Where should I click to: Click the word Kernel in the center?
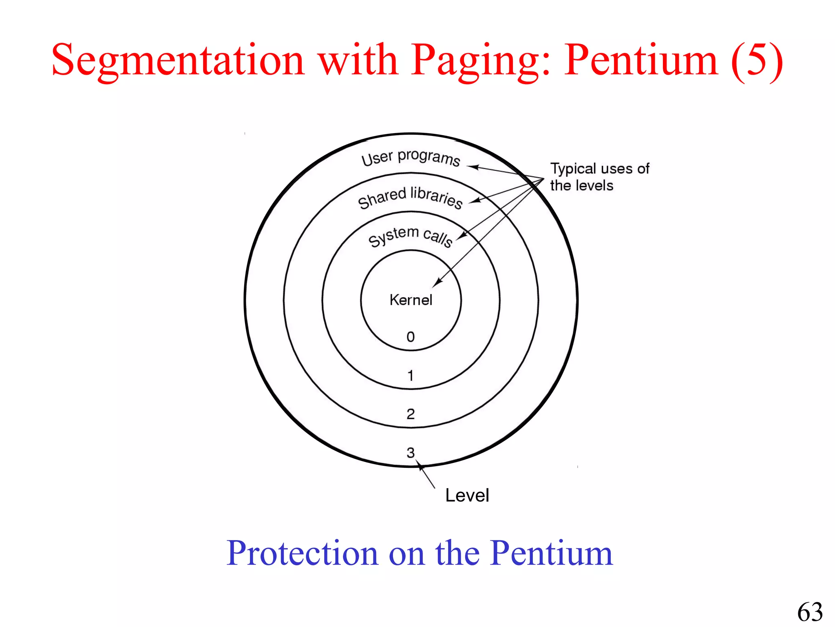pos(411,300)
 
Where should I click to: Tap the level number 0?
pos(411,337)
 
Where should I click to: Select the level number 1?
pos(411,376)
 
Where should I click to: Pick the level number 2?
pos(411,414)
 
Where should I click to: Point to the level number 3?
pos(411,452)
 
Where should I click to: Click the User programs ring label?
pos(411,157)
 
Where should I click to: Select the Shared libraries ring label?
pos(410,197)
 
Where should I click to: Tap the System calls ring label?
pos(410,236)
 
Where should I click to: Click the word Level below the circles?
pos(467,495)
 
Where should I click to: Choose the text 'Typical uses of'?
pos(599,169)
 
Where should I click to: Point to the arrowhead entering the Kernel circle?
pos(437,282)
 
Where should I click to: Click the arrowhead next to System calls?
pos(461,236)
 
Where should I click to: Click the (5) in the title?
pos(757,60)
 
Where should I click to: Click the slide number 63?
pos(810,612)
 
